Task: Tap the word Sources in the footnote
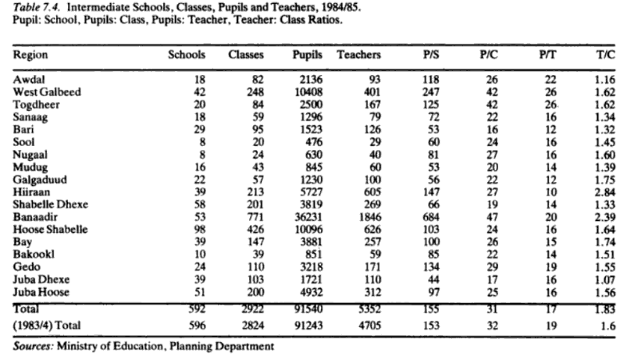[x=31, y=345]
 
